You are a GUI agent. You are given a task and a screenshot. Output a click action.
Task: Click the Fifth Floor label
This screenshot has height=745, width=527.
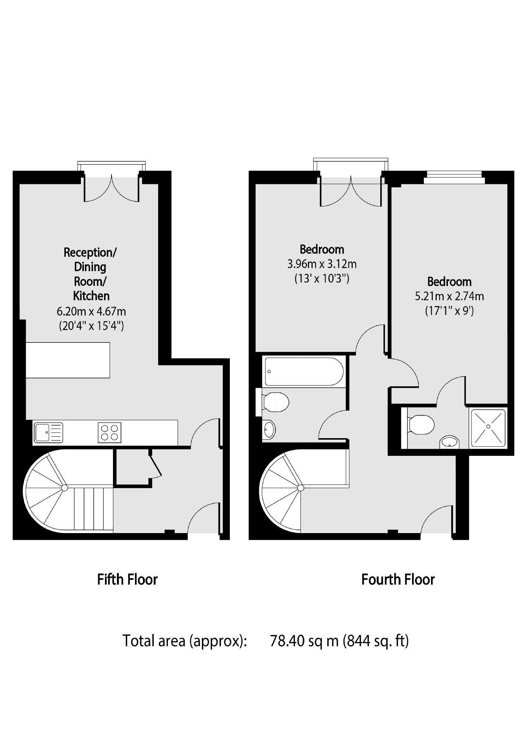127,579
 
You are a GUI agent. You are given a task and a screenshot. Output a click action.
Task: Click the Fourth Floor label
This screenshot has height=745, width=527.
398,579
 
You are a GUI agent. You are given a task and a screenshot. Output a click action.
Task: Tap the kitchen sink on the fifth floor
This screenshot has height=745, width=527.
48,432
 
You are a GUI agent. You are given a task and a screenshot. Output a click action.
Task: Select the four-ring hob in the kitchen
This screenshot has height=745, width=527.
110,432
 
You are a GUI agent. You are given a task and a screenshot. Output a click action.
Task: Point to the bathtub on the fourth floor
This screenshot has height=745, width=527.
304,372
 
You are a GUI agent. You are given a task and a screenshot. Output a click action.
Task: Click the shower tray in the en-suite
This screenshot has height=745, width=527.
488,428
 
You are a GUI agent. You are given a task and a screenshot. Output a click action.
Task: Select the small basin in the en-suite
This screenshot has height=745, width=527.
449,442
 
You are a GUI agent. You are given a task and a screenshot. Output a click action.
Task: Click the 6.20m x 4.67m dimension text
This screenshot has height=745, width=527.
91,312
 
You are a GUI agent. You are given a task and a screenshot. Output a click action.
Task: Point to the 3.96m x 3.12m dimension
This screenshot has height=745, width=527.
322,264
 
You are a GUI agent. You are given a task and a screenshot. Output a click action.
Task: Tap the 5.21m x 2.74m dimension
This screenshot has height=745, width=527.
449,296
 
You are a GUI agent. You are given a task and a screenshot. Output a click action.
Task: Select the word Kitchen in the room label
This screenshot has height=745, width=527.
91,296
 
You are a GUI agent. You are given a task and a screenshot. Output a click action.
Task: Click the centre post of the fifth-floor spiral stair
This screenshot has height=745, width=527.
64,488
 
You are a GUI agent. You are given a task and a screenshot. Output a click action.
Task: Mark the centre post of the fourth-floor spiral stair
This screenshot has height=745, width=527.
300,488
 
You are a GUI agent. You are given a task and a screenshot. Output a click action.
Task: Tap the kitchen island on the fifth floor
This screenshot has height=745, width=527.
68,360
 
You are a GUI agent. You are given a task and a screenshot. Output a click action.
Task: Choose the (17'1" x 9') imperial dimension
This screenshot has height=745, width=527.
449,311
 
